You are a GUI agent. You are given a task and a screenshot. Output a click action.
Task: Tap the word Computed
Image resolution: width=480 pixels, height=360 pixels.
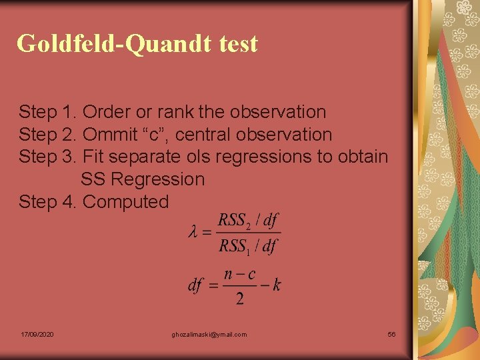[x=126, y=201]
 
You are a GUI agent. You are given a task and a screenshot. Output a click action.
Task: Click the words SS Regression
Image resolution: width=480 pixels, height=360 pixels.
[x=143, y=179]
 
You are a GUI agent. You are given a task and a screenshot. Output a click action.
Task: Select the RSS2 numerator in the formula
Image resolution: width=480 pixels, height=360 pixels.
[x=235, y=221]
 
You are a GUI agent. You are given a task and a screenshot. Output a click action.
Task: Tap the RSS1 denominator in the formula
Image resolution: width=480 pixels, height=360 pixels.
[x=235, y=246]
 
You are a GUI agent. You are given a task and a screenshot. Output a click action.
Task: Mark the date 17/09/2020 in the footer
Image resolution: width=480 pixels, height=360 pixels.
[x=37, y=334]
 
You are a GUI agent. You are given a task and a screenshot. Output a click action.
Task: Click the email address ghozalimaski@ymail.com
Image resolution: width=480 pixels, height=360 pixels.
[x=209, y=334]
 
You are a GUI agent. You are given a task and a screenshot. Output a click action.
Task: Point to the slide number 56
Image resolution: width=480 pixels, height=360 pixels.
[x=391, y=334]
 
